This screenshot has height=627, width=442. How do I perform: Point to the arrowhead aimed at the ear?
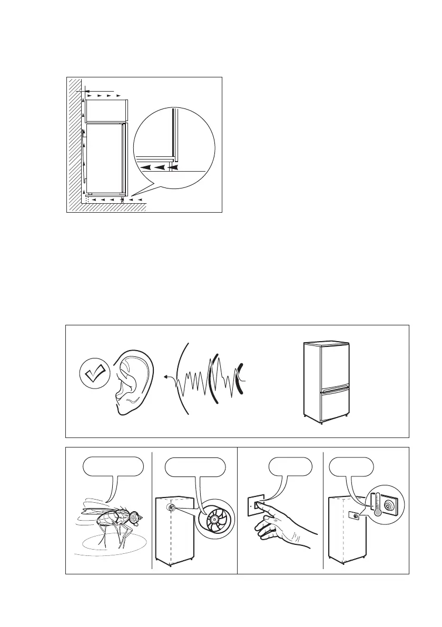coord(165,377)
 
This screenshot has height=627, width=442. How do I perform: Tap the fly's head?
coord(135,517)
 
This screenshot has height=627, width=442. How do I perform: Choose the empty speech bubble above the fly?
coord(114,467)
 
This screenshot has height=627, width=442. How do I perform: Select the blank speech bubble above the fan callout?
coord(195,467)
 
